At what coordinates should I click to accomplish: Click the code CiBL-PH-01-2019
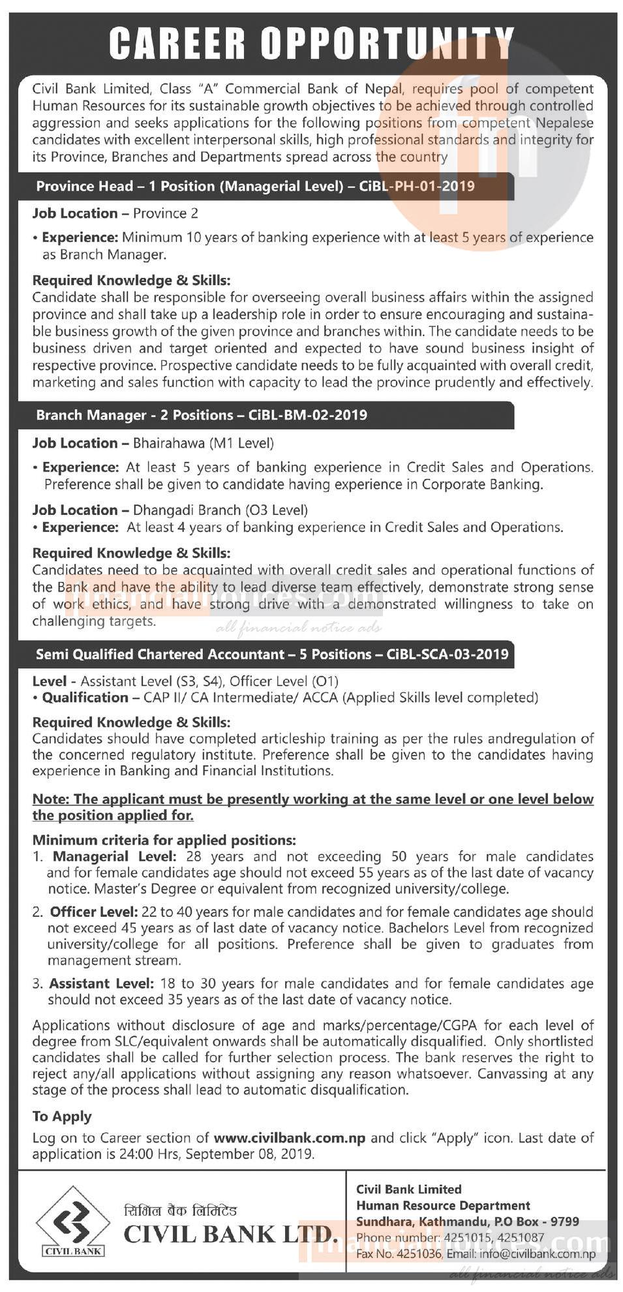pyautogui.click(x=417, y=187)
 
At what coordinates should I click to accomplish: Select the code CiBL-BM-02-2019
pyautogui.click(x=308, y=416)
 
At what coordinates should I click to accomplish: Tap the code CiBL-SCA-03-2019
pyautogui.click(x=448, y=654)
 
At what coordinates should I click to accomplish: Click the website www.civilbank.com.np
pyautogui.click(x=289, y=1138)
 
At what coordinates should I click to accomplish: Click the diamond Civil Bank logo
pyautogui.click(x=72, y=1222)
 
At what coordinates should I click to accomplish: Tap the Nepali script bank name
pyautogui.click(x=180, y=1211)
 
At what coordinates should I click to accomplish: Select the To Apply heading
pyautogui.click(x=62, y=1116)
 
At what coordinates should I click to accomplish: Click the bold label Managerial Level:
pyautogui.click(x=114, y=857)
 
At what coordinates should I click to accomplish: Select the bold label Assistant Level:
pyautogui.click(x=101, y=983)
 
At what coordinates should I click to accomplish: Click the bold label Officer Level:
pyautogui.click(x=94, y=912)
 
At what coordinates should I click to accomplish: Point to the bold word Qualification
pyautogui.click(x=85, y=698)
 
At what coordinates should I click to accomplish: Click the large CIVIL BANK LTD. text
pyautogui.click(x=230, y=1235)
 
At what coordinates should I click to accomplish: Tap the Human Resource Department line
pyautogui.click(x=443, y=1206)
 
